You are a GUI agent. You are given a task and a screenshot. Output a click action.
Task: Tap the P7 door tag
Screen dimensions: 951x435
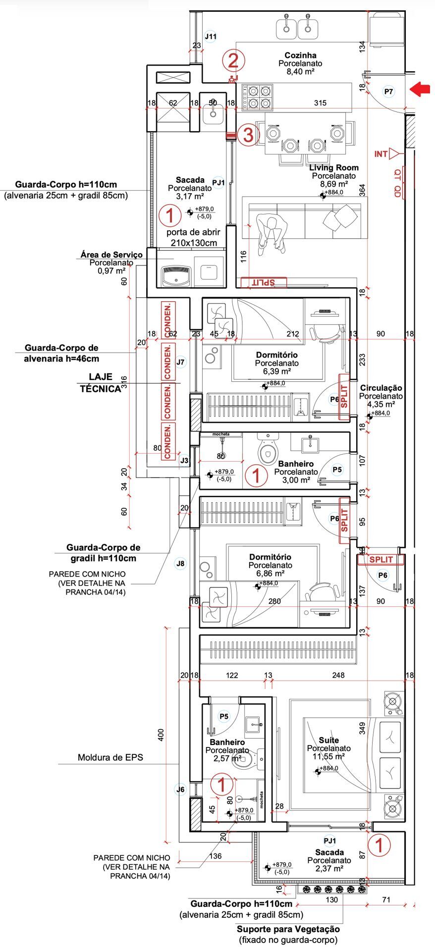tap(388, 92)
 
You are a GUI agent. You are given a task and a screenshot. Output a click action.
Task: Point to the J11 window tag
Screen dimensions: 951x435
tap(211, 37)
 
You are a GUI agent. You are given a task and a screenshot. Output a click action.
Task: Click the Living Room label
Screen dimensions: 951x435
tap(333, 168)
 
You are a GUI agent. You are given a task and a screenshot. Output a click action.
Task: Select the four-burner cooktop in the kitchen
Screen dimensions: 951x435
tap(258, 97)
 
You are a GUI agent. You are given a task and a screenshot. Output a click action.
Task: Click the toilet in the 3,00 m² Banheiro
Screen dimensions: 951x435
tap(268, 451)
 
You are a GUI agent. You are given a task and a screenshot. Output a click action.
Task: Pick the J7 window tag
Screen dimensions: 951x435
tap(180, 362)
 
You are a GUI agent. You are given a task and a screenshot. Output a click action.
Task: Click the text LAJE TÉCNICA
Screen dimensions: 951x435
tap(100, 383)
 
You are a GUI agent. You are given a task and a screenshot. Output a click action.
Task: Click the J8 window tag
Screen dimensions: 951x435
tap(180, 563)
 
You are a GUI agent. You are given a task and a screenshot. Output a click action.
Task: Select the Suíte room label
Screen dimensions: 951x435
tap(328, 740)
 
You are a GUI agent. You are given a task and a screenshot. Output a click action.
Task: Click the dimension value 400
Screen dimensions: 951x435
tap(160, 735)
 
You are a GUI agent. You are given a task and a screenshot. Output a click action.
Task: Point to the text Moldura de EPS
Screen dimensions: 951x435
tap(110, 757)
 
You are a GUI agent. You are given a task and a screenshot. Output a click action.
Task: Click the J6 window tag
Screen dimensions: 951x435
tap(181, 790)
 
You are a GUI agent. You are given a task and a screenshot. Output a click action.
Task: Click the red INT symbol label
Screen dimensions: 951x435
tap(381, 154)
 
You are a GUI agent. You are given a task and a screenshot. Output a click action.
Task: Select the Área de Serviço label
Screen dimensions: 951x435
tap(111, 255)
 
